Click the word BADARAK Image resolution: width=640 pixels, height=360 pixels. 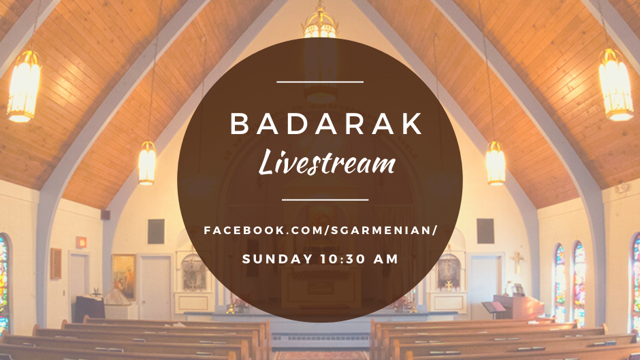click(327, 123)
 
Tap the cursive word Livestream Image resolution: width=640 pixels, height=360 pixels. click(327, 162)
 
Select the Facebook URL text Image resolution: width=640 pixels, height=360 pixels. click(321, 230)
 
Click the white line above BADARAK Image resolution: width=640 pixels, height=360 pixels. click(320, 82)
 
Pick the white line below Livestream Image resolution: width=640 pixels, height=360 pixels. click(325, 200)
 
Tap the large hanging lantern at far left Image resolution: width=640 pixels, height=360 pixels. click(24, 86)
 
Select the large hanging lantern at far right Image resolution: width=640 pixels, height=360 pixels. click(615, 84)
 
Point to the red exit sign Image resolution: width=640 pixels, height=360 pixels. click(81, 242)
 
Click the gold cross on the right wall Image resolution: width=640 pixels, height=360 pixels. click(517, 261)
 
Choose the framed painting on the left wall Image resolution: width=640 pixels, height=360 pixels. click(124, 277)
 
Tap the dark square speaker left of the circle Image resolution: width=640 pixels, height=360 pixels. click(156, 231)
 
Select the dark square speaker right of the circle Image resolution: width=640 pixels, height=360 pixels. click(485, 231)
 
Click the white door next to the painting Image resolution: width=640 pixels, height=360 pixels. click(155, 288)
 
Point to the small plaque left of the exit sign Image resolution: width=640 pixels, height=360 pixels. click(56, 263)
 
